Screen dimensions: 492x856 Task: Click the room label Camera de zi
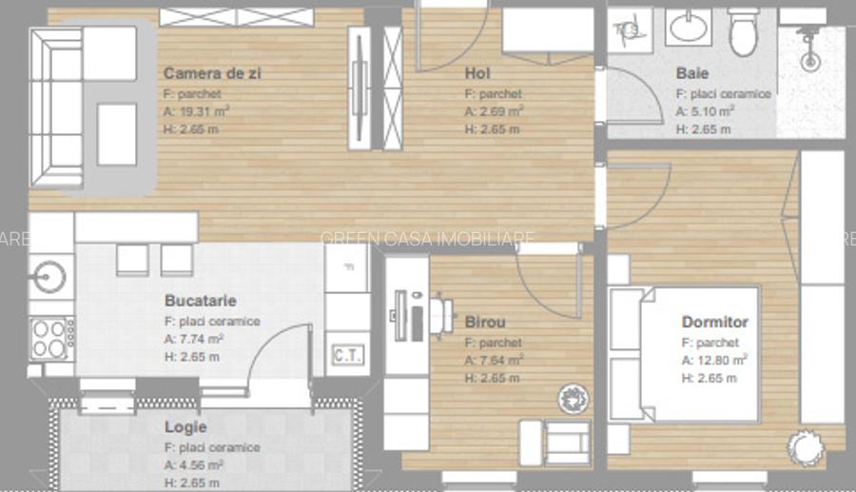[212, 73]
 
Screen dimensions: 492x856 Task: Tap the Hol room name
[477, 73]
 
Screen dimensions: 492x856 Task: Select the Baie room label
[692, 73]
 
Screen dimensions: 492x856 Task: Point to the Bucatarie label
[200, 301]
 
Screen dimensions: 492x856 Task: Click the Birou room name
[485, 322]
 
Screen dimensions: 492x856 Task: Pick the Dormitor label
[714, 323]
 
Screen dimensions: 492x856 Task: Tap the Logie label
[185, 427]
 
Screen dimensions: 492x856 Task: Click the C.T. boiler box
[344, 356]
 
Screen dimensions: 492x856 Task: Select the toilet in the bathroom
[744, 31]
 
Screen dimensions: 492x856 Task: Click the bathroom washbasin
[687, 28]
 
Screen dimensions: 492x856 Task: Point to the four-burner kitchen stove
[52, 337]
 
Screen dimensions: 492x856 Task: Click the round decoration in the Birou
[574, 397]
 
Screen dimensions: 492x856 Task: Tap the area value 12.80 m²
[713, 360]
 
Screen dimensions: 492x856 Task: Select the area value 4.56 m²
[194, 465]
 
